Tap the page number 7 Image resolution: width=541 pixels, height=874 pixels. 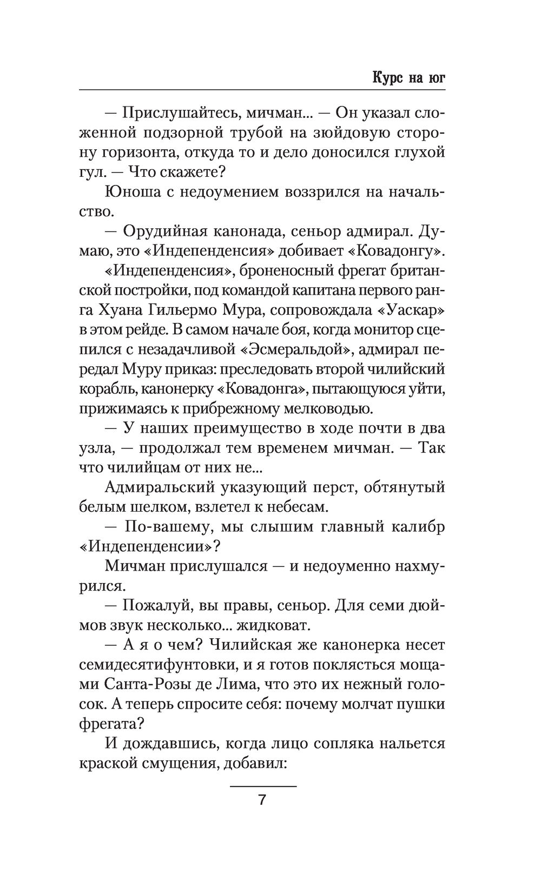point(262,800)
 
